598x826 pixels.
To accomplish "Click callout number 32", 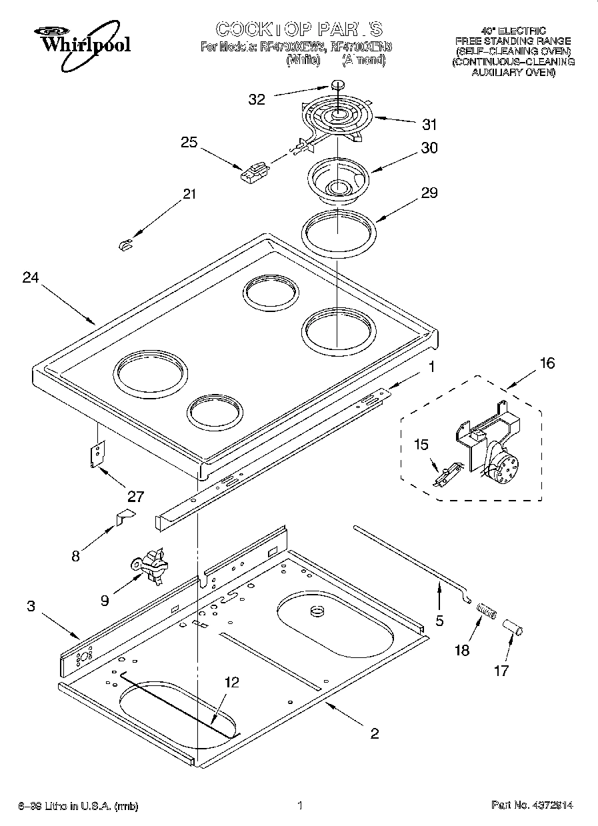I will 257,99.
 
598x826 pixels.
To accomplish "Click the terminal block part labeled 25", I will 253,174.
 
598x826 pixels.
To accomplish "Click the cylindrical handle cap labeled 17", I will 515,629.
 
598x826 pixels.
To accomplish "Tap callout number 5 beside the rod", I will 439,620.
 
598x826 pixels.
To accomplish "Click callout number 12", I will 231,682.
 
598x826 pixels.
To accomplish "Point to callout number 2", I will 375,733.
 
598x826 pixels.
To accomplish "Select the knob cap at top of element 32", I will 338,85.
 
